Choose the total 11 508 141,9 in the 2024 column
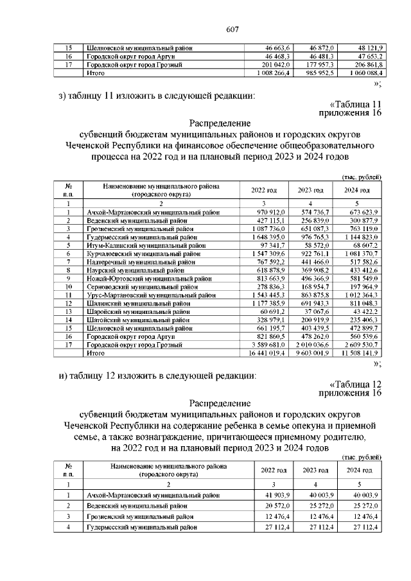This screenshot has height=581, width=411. [359, 352]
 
